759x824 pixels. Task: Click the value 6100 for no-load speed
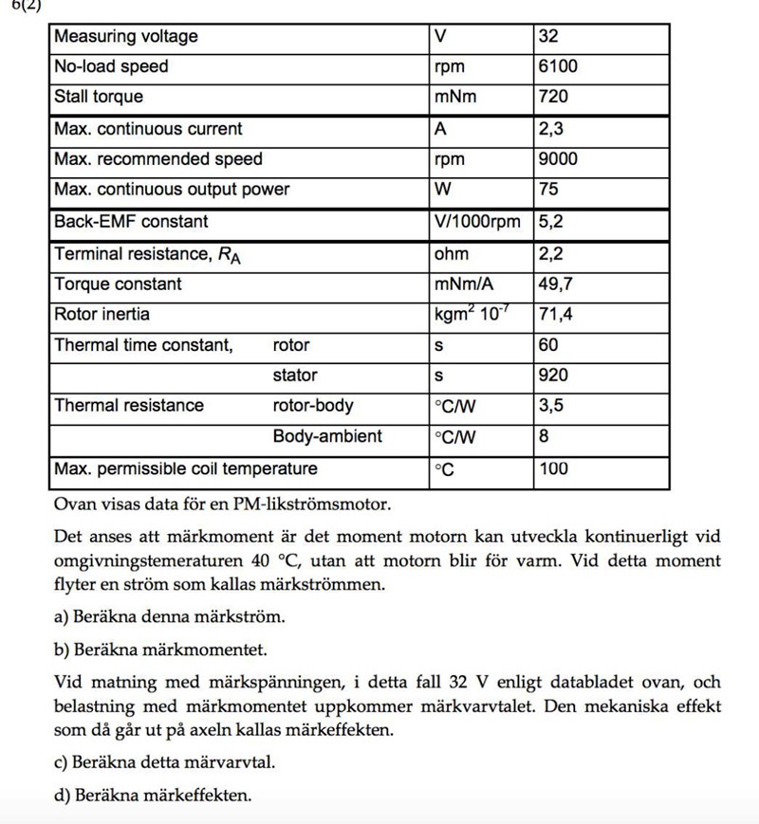(557, 66)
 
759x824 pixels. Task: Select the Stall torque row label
(99, 97)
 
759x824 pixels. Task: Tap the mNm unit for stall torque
(455, 97)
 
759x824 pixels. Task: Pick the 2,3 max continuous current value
(550, 129)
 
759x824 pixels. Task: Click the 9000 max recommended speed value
(557, 159)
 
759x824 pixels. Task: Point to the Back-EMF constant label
(131, 222)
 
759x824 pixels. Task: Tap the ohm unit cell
(452, 254)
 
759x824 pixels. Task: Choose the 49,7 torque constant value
(555, 284)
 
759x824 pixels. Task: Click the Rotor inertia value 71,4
(555, 314)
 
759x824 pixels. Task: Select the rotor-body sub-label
(313, 406)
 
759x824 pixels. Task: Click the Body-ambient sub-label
(327, 436)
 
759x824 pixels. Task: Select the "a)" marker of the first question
(62, 617)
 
